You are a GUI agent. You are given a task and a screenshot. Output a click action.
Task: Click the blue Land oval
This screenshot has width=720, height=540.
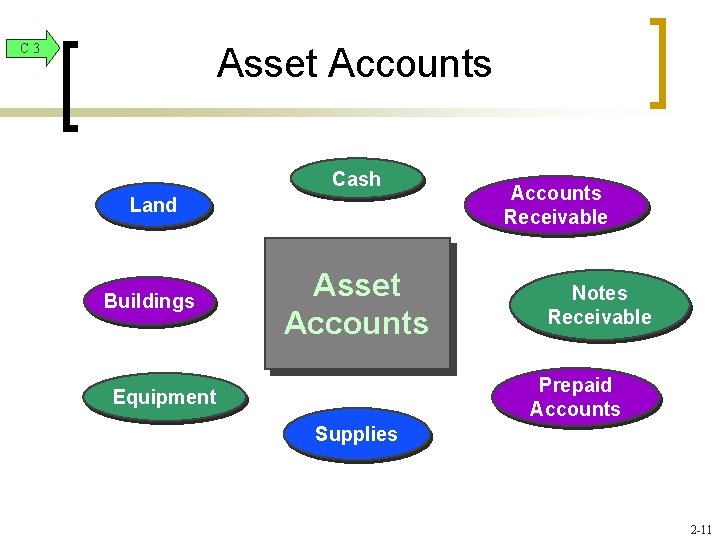(x=153, y=205)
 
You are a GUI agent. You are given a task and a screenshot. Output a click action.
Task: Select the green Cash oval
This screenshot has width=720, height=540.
(x=356, y=179)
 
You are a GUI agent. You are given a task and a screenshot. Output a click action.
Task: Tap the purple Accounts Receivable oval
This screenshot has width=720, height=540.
(x=556, y=205)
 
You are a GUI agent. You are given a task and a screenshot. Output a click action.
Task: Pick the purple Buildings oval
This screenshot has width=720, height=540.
(x=149, y=301)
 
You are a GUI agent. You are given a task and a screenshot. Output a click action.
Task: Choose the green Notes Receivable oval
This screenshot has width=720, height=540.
(x=599, y=305)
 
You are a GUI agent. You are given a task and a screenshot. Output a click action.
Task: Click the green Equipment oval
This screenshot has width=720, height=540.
(x=164, y=397)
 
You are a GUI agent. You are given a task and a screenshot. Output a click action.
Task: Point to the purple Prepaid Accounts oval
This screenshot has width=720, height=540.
(x=575, y=397)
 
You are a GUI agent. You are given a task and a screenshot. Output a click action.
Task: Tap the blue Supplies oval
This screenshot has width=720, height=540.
(x=356, y=434)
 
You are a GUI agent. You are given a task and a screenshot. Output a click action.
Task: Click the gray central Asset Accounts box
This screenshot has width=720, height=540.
(x=356, y=304)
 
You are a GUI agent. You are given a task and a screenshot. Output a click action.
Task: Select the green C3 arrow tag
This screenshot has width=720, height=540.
(x=31, y=48)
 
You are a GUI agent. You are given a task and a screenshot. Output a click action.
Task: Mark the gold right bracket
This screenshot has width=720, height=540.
(x=658, y=62)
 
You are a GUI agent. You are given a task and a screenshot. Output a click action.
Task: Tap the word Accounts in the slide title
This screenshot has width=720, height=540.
(x=410, y=64)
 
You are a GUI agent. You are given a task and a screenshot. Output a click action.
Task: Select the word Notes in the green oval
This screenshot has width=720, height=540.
(x=599, y=293)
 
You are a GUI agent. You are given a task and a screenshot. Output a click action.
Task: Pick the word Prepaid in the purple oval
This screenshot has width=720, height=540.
(x=575, y=385)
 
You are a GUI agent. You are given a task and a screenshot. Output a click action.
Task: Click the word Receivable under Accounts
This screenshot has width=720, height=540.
(x=556, y=217)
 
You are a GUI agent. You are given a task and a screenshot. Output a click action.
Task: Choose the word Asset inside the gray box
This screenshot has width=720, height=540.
(x=356, y=285)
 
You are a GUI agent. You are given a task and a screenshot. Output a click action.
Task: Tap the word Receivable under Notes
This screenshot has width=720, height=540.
(x=599, y=317)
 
